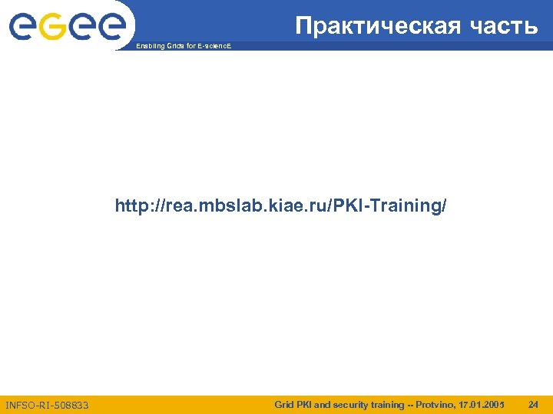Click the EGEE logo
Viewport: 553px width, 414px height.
click(x=67, y=28)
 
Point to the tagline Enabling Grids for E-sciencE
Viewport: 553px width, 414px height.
click(x=182, y=47)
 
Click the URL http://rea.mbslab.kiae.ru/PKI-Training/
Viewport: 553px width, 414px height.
click(x=280, y=206)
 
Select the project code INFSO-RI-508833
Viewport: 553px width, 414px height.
click(x=47, y=404)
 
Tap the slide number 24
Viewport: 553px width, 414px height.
click(x=533, y=403)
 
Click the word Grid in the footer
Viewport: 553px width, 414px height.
click(x=285, y=403)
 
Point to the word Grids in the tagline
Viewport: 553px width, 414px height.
click(x=167, y=47)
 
